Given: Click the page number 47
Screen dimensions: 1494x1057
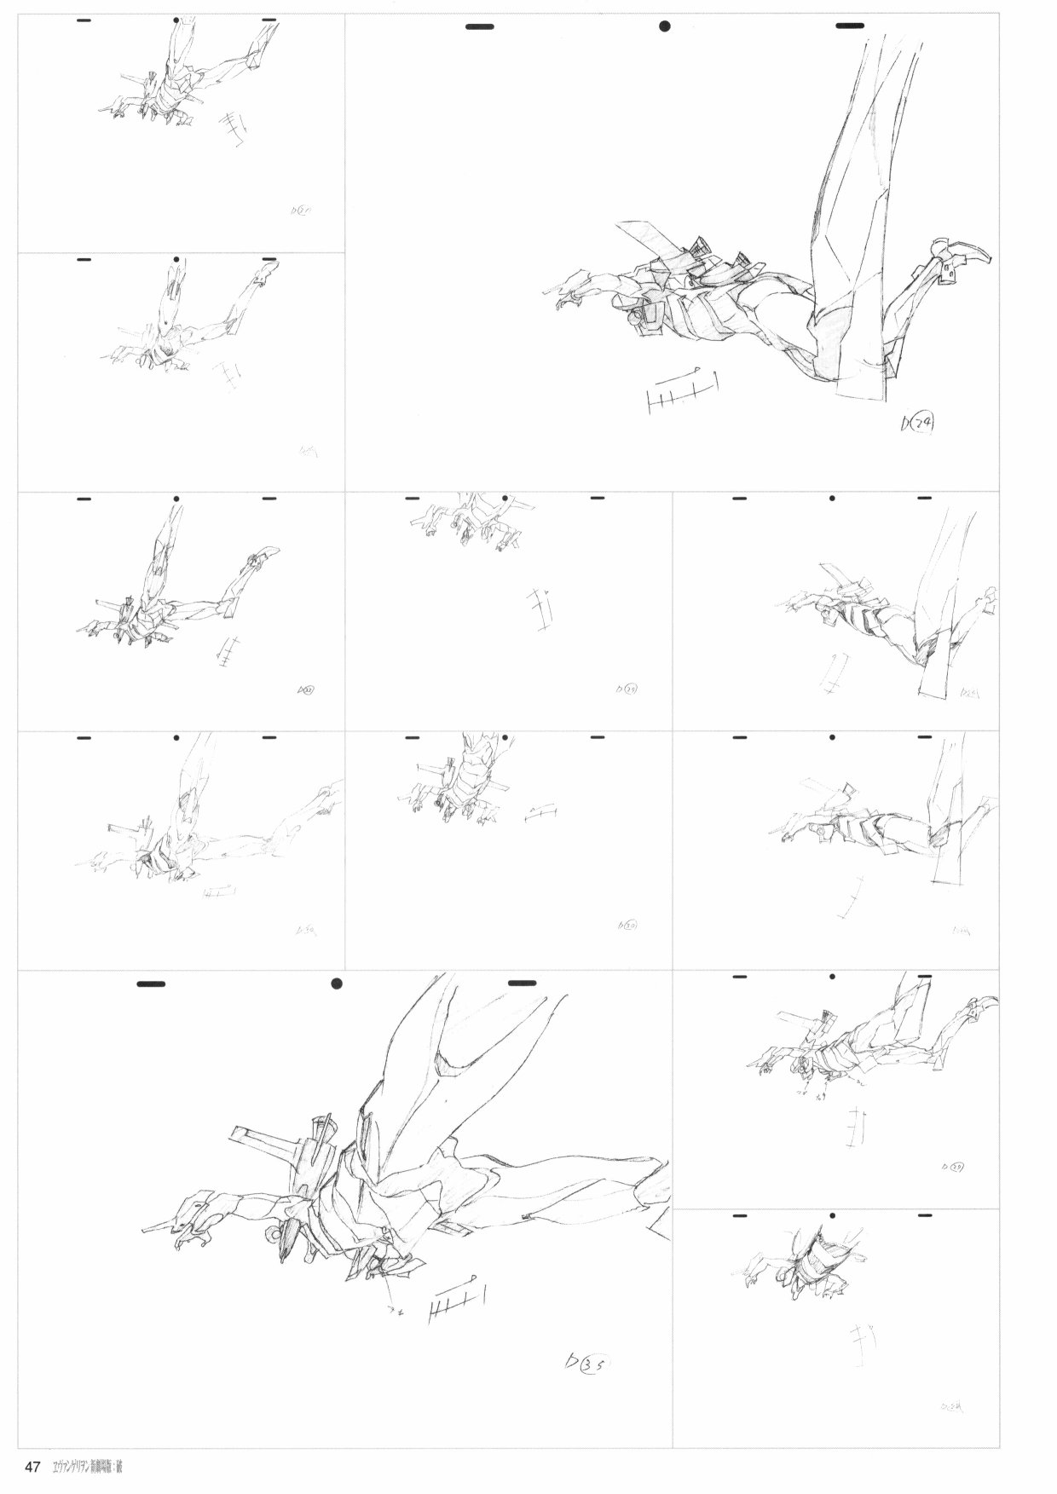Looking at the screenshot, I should coord(33,1467).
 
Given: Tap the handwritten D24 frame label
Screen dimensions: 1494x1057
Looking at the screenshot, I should coord(916,423).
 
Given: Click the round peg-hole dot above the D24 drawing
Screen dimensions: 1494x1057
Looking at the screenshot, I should coord(665,26).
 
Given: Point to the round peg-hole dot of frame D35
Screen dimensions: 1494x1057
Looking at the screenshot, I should coord(337,984).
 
